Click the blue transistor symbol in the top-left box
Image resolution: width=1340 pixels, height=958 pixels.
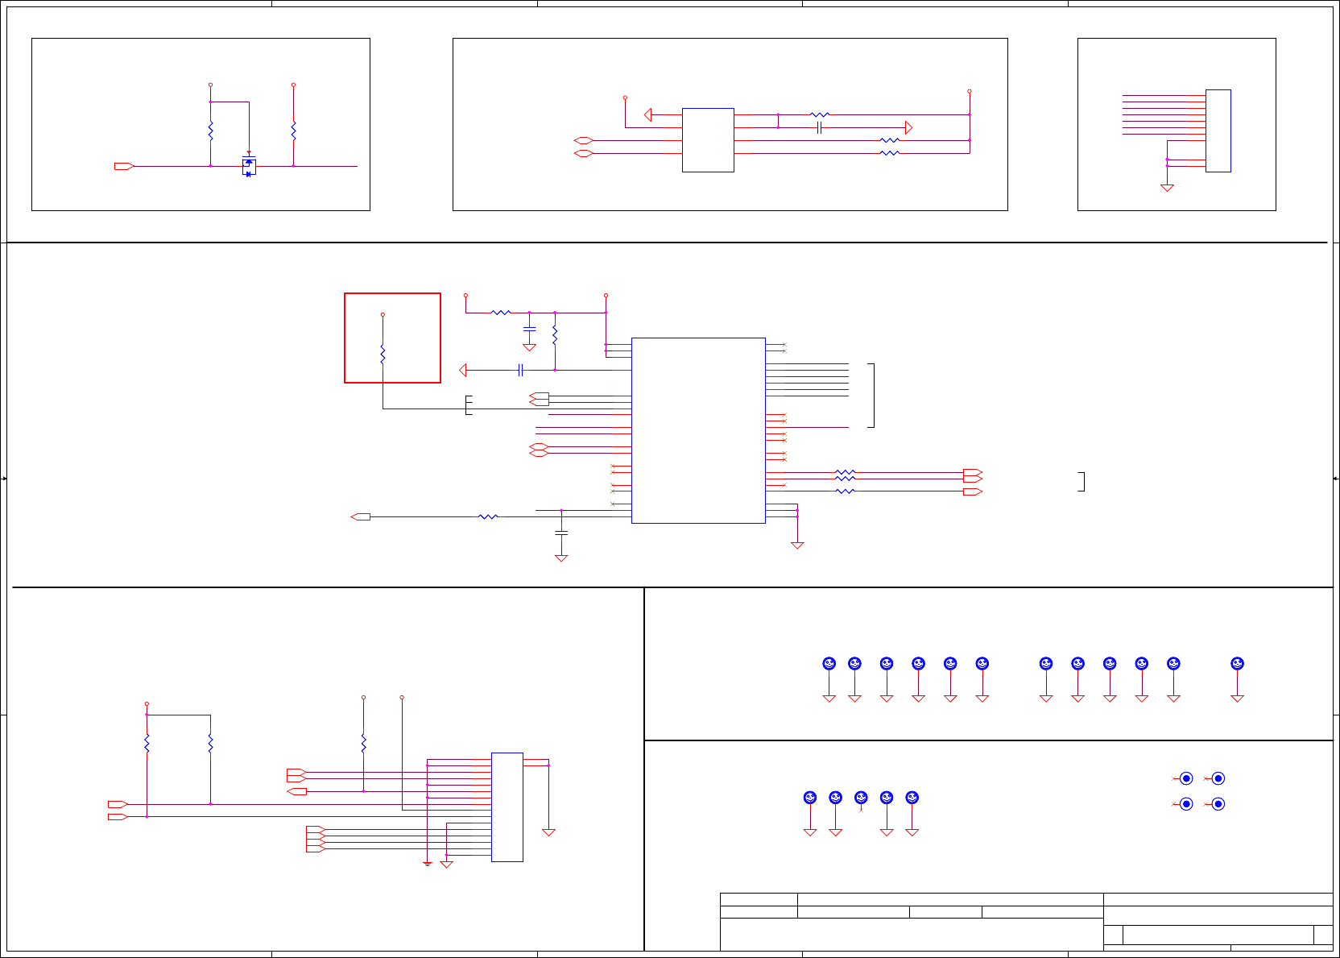(x=249, y=165)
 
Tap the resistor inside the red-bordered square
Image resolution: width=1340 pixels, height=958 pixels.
(x=383, y=354)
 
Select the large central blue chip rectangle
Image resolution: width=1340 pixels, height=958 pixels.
(x=698, y=430)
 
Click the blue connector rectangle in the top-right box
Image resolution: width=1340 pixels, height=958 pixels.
(x=1218, y=131)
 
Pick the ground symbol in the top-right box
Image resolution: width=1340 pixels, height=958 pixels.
(x=1167, y=188)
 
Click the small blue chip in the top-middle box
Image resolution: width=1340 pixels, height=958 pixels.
(x=708, y=139)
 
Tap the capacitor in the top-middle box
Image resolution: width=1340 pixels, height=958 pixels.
(x=819, y=127)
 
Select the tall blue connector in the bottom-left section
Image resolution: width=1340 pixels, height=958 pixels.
(x=507, y=807)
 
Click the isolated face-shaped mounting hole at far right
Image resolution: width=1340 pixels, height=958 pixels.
(x=1237, y=664)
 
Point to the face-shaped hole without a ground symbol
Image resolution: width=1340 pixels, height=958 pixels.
(x=861, y=798)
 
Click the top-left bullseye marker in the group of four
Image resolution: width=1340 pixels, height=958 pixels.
(x=1186, y=778)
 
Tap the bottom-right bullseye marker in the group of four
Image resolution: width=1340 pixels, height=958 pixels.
(x=1218, y=804)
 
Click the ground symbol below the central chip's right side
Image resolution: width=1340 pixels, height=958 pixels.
(x=797, y=545)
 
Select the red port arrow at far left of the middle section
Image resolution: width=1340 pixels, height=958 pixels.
(x=361, y=516)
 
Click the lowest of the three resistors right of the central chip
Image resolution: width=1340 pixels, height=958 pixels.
(x=845, y=491)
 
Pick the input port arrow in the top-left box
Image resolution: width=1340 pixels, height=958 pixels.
(x=124, y=166)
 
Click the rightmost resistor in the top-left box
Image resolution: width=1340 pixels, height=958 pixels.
(x=293, y=131)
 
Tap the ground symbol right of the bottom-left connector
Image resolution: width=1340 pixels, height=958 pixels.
(x=548, y=832)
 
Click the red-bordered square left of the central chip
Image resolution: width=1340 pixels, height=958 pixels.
(x=392, y=338)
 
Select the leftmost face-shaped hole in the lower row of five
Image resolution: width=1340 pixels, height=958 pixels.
(x=810, y=798)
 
